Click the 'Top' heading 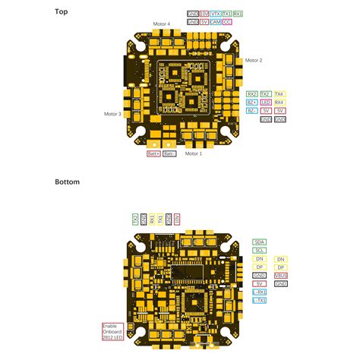point(62,12)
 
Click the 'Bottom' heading point(67,182)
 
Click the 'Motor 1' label point(194,153)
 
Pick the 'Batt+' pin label point(153,153)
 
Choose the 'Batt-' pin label point(169,153)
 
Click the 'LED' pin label point(266,102)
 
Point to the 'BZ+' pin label point(251,102)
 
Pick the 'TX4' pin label point(279,93)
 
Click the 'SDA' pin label point(260,241)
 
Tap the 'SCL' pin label point(260,250)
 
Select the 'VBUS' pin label point(281,275)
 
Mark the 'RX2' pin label point(251,93)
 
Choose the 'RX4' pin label point(279,102)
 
